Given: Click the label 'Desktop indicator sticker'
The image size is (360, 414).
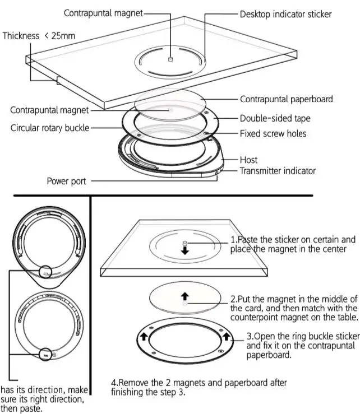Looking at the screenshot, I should coord(285,13).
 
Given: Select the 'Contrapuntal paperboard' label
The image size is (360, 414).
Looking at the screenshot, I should coord(287,99).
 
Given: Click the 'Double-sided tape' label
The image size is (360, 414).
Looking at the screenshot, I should coord(275,118).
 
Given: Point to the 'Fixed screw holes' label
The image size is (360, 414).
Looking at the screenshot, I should coord(273,134).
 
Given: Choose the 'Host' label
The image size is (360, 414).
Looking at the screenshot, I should coord(248,160).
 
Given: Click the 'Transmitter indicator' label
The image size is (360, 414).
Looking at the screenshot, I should coord(278,171).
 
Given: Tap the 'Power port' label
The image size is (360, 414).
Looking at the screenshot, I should coord(66,181).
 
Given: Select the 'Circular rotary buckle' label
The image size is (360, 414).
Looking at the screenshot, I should coord(50,128).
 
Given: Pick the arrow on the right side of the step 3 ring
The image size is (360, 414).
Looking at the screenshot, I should coord(227,337).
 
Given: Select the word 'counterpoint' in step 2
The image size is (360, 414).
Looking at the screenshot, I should coord(256,317).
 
